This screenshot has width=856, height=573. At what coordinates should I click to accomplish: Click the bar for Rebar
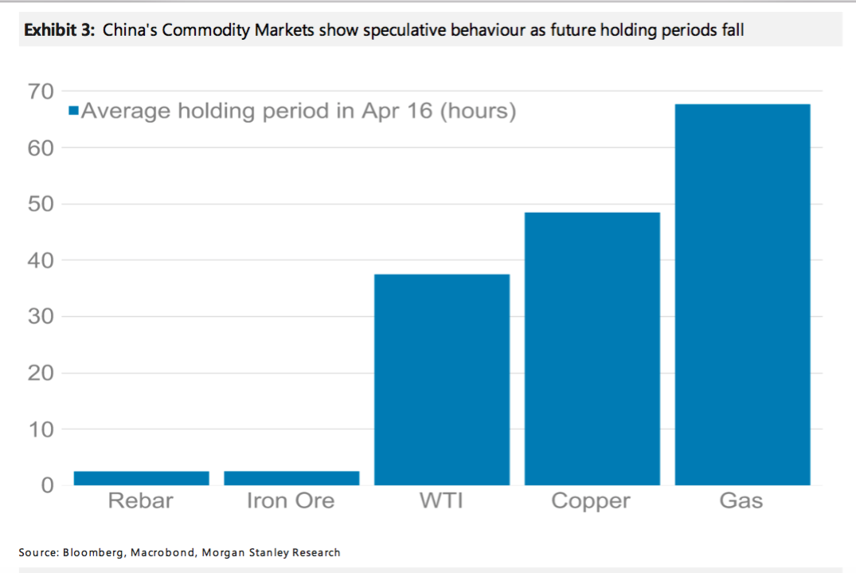(x=141, y=477)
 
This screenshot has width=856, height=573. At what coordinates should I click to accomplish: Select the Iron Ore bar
(x=291, y=477)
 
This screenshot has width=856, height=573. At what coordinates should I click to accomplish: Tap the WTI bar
(x=442, y=379)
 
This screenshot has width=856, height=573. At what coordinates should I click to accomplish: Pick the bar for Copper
(x=592, y=348)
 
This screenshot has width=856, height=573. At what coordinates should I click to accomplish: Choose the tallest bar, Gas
(x=742, y=294)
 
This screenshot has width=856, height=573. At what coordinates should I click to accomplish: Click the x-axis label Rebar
(x=140, y=501)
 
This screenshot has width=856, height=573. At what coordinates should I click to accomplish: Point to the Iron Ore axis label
(x=291, y=501)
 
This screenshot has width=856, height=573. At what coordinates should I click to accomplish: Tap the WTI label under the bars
(x=441, y=501)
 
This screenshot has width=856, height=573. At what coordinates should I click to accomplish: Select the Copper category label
(x=591, y=501)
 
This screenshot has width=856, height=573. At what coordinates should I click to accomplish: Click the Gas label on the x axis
(x=741, y=501)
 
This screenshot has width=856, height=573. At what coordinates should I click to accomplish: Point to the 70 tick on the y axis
(x=41, y=92)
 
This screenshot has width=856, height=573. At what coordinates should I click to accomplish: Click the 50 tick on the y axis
(x=41, y=204)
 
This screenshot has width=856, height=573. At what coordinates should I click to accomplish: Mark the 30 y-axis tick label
(x=41, y=316)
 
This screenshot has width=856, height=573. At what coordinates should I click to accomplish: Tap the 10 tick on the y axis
(x=41, y=430)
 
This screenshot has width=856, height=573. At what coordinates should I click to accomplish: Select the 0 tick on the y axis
(x=47, y=485)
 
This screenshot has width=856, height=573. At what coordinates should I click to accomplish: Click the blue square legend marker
(x=73, y=112)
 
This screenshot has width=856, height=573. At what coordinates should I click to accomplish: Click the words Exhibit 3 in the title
(x=58, y=31)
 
